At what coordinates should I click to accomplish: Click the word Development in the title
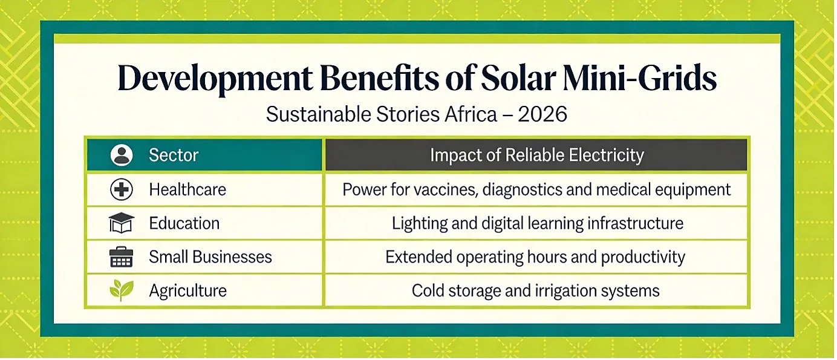click(215, 79)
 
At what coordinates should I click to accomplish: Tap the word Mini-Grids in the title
click(639, 78)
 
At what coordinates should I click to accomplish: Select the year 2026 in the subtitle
click(542, 114)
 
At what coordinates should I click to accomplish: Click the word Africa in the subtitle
click(471, 114)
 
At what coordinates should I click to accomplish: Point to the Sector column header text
click(174, 155)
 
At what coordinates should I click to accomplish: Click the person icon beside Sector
click(122, 155)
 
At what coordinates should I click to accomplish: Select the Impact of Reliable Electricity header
click(537, 155)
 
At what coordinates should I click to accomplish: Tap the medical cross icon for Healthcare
click(122, 189)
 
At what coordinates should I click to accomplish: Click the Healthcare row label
click(187, 189)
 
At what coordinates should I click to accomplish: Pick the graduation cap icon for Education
click(122, 223)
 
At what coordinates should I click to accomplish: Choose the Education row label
click(184, 223)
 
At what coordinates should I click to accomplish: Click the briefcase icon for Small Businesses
click(121, 257)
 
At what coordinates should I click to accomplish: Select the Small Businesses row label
click(210, 257)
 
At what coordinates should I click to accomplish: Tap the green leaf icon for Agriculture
click(122, 290)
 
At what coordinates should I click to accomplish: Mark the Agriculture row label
click(188, 291)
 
